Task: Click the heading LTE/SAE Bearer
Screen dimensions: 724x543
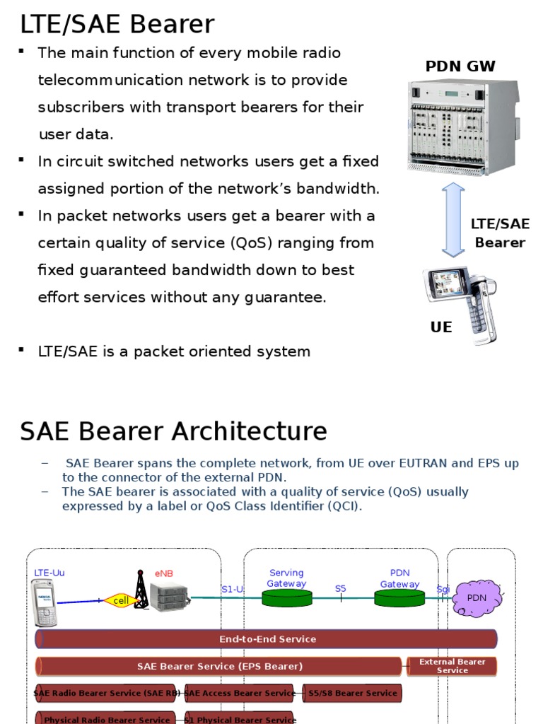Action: pyautogui.click(x=117, y=25)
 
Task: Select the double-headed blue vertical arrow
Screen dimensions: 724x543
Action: pyautogui.click(x=452, y=219)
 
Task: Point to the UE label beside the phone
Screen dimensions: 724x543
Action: pyautogui.click(x=441, y=327)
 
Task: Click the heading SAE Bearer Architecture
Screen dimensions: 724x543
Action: pyautogui.click(x=173, y=431)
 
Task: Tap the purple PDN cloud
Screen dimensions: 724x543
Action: pyautogui.click(x=478, y=597)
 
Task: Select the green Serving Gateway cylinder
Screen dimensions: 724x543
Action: pyautogui.click(x=286, y=598)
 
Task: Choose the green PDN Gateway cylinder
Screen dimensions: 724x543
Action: pyautogui.click(x=399, y=598)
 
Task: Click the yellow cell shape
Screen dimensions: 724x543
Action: pyautogui.click(x=119, y=601)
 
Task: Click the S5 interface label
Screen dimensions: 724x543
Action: pyautogui.click(x=341, y=588)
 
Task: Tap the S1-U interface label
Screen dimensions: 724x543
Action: pyautogui.click(x=232, y=588)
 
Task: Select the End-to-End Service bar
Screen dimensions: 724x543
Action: pyautogui.click(x=267, y=639)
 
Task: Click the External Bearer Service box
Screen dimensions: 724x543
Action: pyautogui.click(x=452, y=666)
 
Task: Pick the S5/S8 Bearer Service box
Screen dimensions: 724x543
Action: pyautogui.click(x=352, y=693)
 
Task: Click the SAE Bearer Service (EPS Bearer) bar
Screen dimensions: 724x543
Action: pyautogui.click(x=219, y=666)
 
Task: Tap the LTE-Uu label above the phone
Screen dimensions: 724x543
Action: pyautogui.click(x=49, y=573)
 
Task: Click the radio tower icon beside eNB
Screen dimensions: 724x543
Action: pyautogui.click(x=141, y=590)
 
